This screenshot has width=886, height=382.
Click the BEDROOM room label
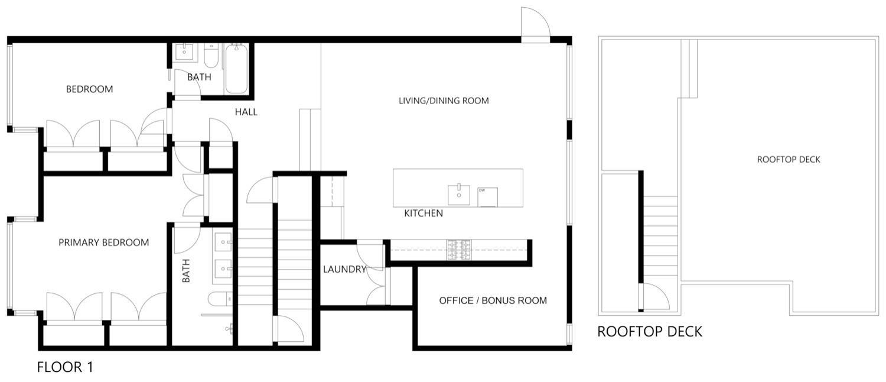[89, 89]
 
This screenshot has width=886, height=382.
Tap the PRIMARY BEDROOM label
[103, 242]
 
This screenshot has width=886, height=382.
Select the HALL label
[246, 112]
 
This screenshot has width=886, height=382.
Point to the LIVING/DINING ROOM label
[444, 101]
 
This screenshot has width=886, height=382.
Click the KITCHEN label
[423, 213]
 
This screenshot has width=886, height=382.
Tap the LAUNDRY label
[344, 270]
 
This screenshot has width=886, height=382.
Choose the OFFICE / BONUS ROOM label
[493, 300]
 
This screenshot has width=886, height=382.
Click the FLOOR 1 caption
[65, 367]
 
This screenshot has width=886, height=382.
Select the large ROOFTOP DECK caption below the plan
[650, 331]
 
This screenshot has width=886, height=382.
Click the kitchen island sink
[459, 193]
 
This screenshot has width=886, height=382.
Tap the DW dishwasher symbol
[487, 197]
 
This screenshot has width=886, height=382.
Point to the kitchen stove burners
[458, 250]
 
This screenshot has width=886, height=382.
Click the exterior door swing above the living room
[535, 24]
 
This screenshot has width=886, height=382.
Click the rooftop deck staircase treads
[660, 237]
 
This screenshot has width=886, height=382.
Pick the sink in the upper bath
[186, 53]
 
